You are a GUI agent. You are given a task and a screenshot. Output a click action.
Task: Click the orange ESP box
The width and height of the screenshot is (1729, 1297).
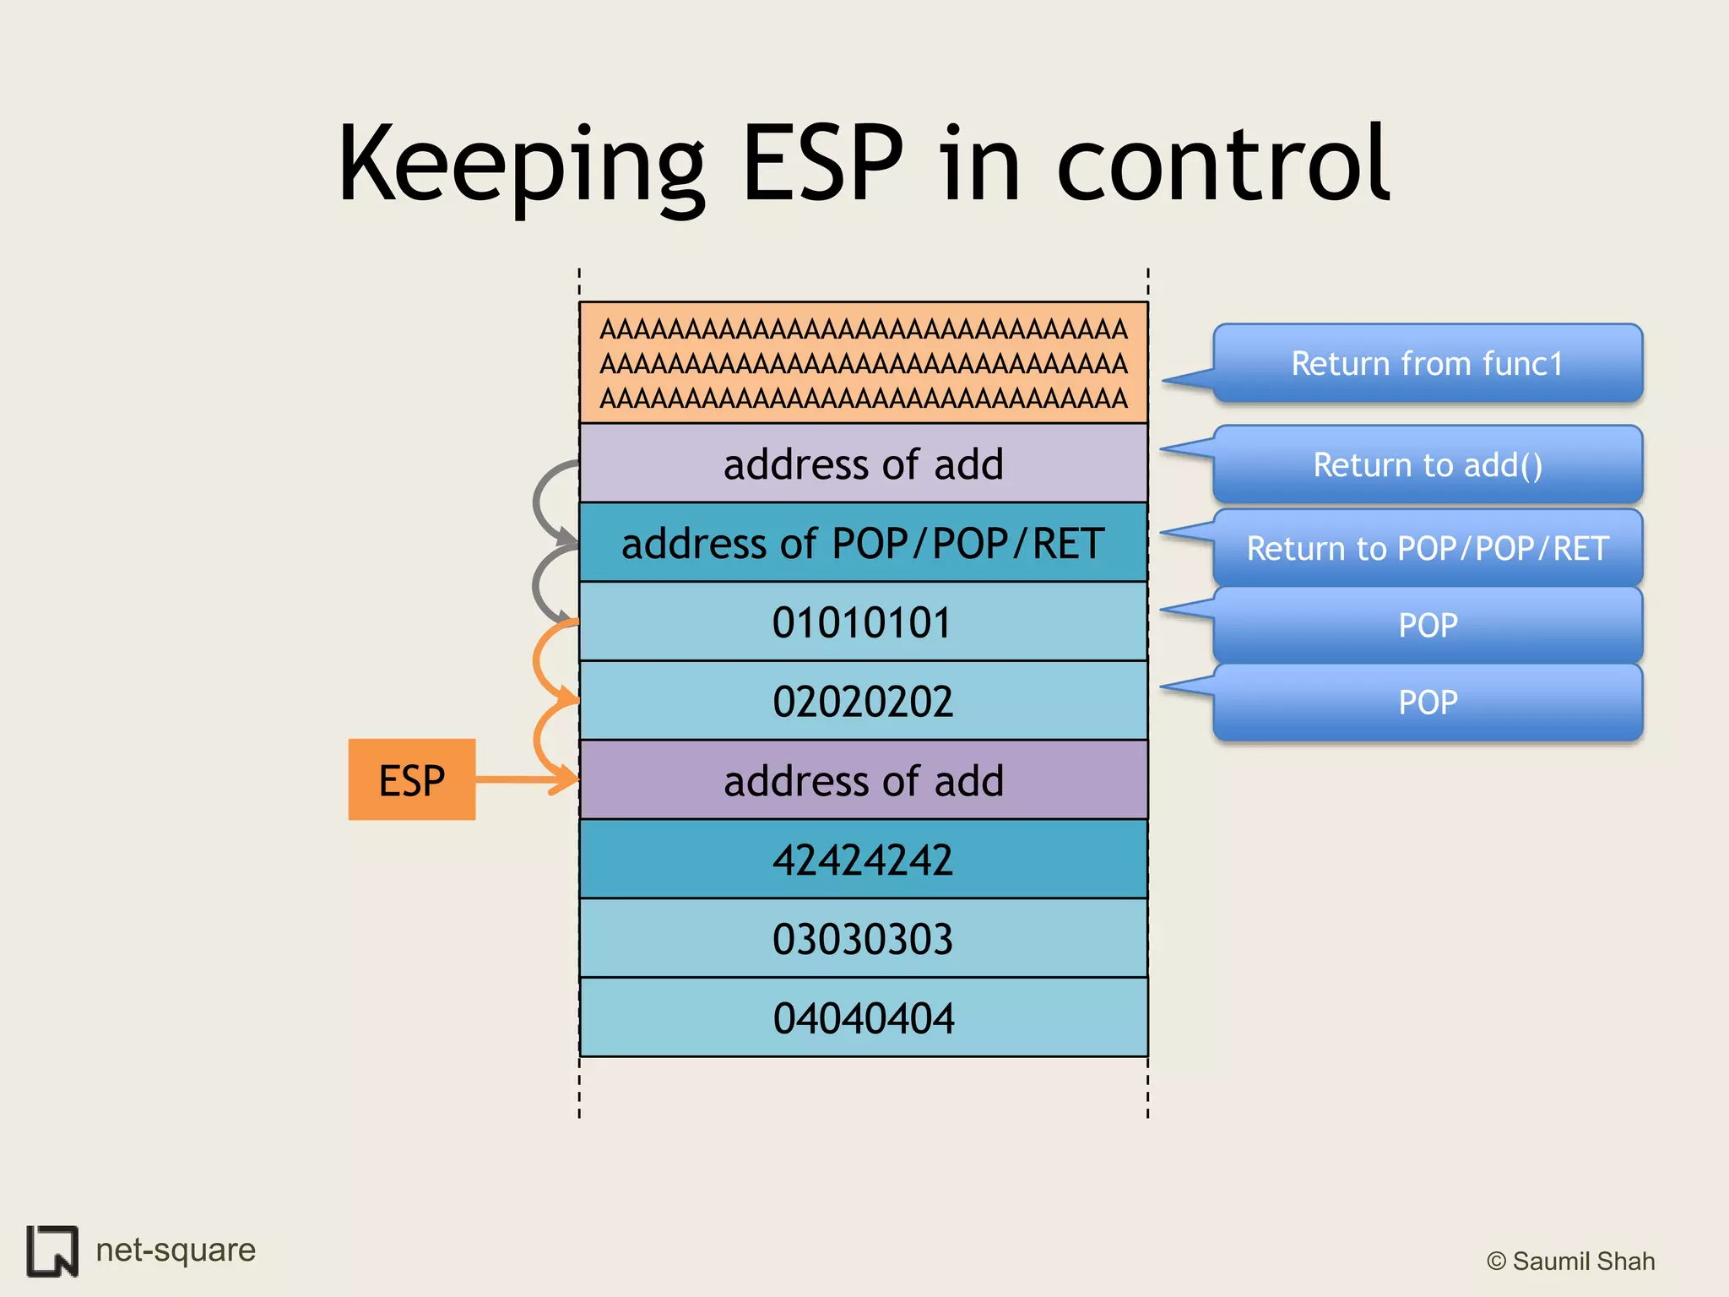(x=411, y=779)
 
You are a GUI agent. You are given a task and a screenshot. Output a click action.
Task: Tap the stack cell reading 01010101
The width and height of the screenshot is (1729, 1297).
(x=863, y=622)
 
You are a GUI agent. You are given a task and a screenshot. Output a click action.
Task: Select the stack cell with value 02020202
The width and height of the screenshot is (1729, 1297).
(x=863, y=701)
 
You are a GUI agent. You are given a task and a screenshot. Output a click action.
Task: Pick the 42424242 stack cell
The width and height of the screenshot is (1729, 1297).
(x=863, y=860)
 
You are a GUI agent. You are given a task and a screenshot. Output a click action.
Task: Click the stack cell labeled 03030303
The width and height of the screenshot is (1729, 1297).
(x=863, y=938)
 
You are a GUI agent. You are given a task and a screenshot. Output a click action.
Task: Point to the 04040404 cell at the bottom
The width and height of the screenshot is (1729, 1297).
(x=863, y=1018)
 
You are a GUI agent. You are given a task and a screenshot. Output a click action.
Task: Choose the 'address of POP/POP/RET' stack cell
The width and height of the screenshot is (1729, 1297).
(x=863, y=543)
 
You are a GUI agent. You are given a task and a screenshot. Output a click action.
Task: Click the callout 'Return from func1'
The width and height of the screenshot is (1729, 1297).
(x=1427, y=363)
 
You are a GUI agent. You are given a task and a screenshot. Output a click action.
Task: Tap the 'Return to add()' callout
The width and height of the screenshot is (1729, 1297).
(x=1427, y=464)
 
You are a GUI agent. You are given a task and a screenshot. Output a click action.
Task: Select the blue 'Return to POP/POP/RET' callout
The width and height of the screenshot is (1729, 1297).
(x=1427, y=548)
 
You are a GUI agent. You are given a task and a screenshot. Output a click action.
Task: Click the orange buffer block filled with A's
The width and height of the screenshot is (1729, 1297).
(x=863, y=363)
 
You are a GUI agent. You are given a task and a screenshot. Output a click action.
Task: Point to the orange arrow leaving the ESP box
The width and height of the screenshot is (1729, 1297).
(x=523, y=779)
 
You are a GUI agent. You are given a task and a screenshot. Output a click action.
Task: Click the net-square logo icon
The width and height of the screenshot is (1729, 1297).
(x=52, y=1251)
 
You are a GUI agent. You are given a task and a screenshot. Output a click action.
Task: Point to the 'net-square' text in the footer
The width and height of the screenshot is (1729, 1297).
(x=176, y=1250)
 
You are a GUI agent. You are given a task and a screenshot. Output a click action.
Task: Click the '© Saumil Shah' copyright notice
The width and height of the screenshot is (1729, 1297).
(x=1570, y=1261)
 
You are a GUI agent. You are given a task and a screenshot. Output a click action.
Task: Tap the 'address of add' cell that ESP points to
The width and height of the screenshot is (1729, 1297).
(x=863, y=780)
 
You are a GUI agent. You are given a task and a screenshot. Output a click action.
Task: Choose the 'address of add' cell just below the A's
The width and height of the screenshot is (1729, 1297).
(x=863, y=464)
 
